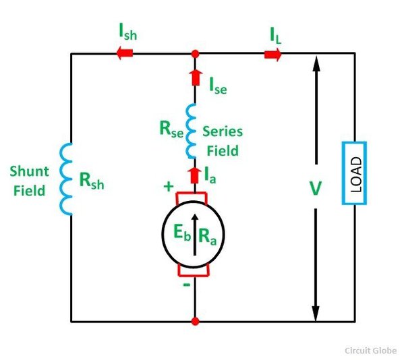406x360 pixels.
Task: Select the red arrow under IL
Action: pos(272,54)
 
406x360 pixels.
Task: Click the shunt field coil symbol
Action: pos(65,178)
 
